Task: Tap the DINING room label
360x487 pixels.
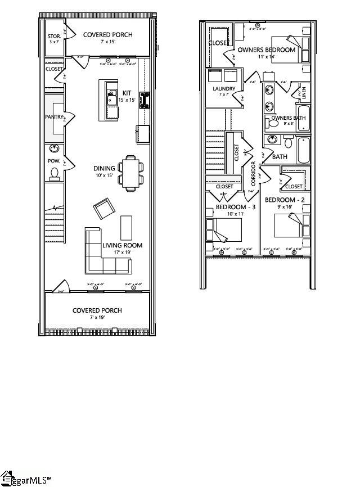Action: [104, 168]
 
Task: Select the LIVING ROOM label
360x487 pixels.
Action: [122, 245]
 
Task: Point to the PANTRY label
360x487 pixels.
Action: [55, 117]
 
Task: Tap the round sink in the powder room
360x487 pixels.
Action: [55, 148]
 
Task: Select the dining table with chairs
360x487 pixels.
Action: [131, 172]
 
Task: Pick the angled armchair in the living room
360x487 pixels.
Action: [103, 209]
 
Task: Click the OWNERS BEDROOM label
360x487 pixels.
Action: [266, 50]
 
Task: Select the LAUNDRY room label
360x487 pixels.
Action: [223, 89]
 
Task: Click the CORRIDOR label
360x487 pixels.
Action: [254, 174]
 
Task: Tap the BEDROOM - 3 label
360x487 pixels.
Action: [236, 207]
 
